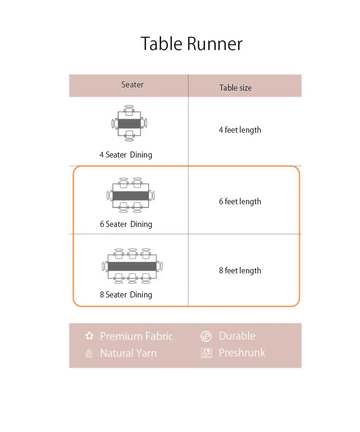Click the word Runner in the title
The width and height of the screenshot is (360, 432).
coord(215,44)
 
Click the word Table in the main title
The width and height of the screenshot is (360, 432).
coord(161,44)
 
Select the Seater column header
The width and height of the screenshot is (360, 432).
coord(132,85)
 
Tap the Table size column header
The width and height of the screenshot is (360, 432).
coord(236,88)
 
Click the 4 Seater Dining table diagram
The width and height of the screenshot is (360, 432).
coord(129,123)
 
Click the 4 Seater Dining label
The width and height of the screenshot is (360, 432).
coord(126,155)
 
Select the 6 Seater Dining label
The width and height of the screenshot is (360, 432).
coord(126,224)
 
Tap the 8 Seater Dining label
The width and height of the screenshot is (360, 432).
coord(126,295)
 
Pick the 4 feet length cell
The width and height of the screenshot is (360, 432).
coord(240,130)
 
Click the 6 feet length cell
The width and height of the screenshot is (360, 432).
coord(240,202)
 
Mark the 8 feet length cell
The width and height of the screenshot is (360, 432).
coord(240,271)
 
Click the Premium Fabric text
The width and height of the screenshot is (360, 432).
coord(137,336)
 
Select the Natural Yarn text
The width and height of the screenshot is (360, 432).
coord(128,353)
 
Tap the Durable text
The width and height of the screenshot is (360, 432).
coord(237,336)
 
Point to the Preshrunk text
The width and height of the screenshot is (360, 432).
coord(242,353)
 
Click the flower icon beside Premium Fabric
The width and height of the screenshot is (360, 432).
coord(89,336)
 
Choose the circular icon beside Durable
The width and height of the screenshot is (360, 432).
coord(206,336)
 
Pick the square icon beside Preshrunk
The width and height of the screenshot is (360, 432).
coord(206,353)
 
